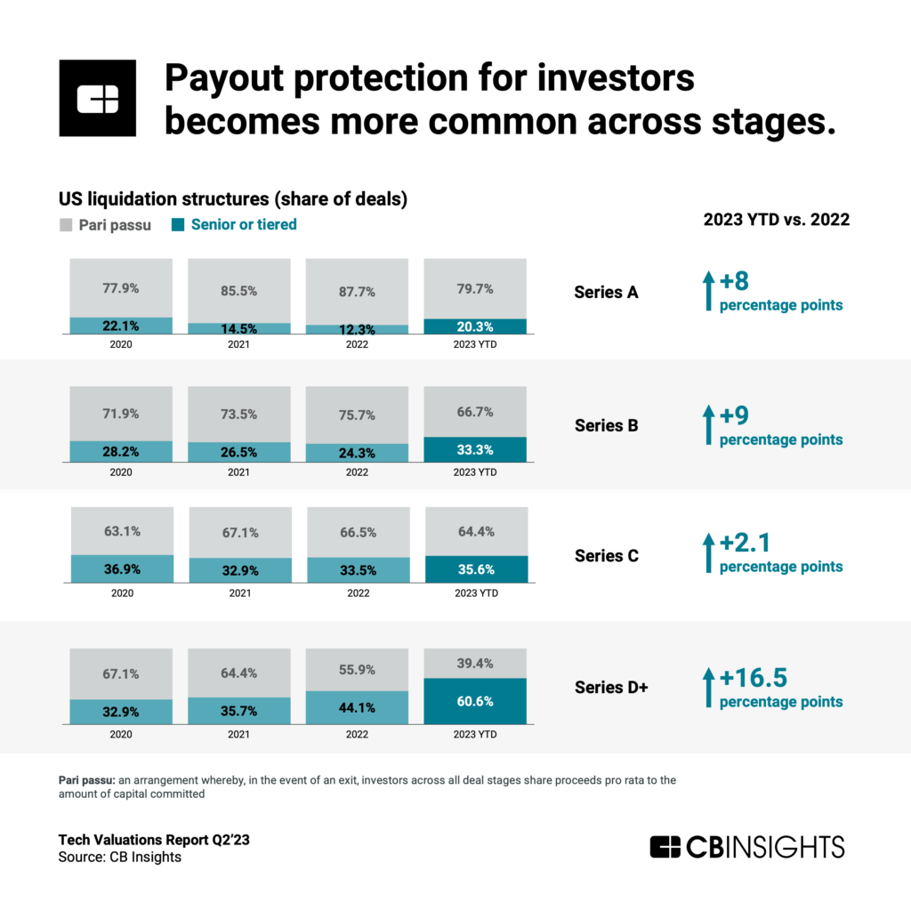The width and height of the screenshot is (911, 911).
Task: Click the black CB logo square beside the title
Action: pyautogui.click(x=97, y=98)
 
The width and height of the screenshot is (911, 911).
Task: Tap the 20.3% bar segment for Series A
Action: pyautogui.click(x=475, y=327)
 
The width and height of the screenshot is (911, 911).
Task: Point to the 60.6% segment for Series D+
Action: pyautogui.click(x=475, y=702)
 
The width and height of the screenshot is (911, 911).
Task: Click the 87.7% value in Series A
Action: pyautogui.click(x=357, y=291)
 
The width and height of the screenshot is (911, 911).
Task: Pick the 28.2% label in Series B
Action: pyautogui.click(x=120, y=453)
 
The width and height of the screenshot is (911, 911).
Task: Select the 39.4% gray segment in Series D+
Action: pyautogui.click(x=475, y=662)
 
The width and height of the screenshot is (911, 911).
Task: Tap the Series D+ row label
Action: pyautogui.click(x=611, y=687)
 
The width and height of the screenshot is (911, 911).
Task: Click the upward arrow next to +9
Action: pyautogui.click(x=708, y=425)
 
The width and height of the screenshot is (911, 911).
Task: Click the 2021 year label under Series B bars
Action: pyautogui.click(x=238, y=472)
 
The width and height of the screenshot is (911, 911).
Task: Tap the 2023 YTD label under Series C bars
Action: pyautogui.click(x=475, y=593)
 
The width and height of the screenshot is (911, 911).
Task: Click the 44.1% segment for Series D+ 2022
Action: pyautogui.click(x=357, y=708)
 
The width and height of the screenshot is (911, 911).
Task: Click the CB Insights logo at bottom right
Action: pyautogui.click(x=746, y=846)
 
